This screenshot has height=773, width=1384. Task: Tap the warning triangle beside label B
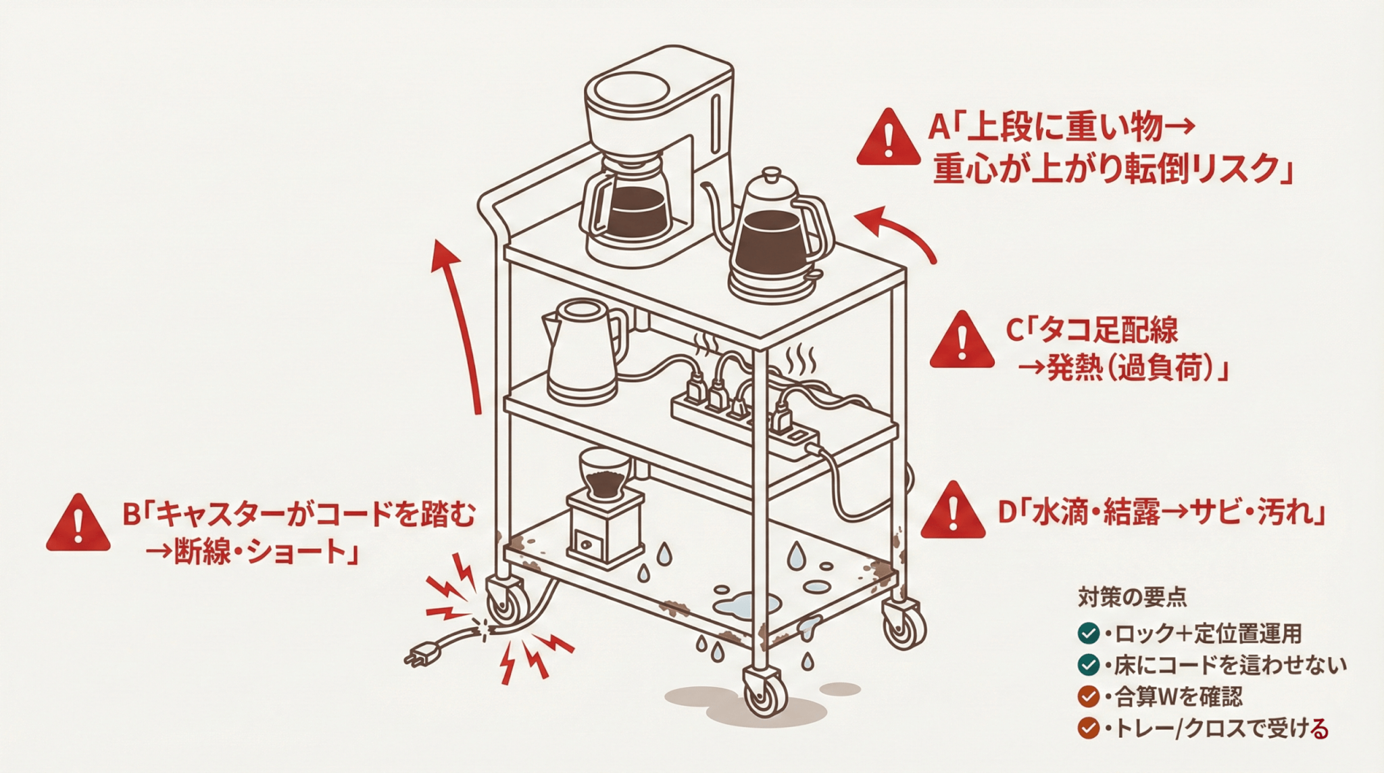point(78,525)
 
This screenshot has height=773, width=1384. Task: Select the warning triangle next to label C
point(961,342)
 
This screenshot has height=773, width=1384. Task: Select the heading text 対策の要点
point(1131,597)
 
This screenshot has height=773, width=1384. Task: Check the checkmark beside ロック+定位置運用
point(1088,634)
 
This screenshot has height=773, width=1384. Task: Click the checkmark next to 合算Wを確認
point(1088,696)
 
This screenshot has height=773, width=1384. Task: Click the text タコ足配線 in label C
point(1108,331)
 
